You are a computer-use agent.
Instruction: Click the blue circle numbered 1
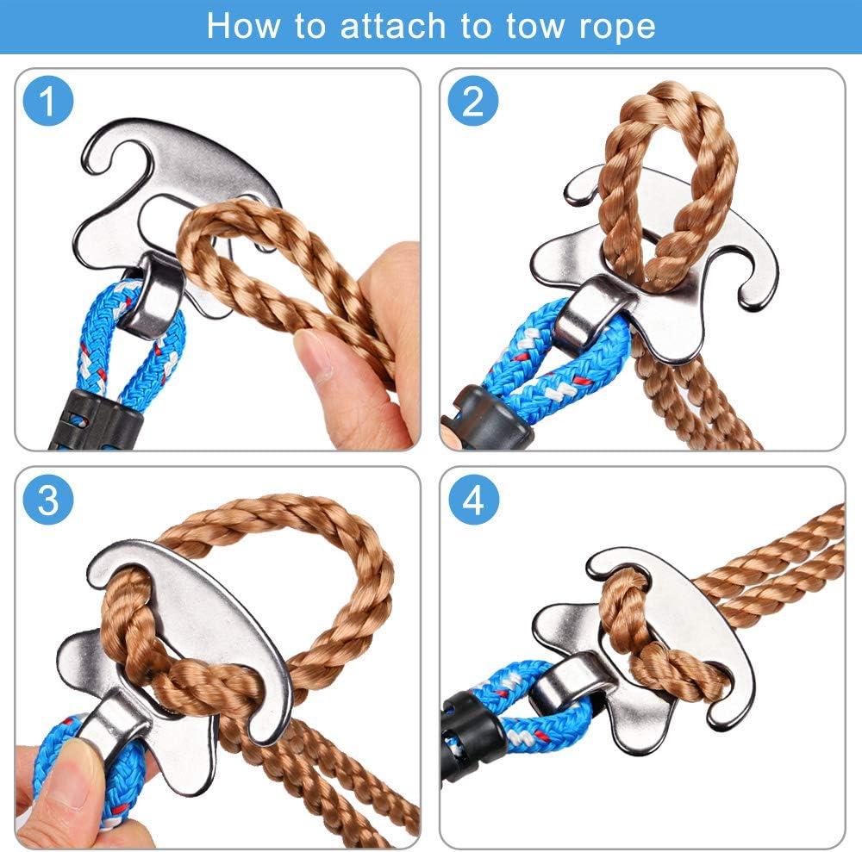tap(48, 103)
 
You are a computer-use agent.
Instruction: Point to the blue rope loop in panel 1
tap(142, 353)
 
